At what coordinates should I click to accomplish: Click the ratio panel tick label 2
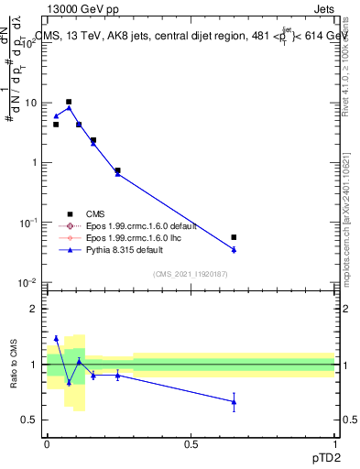pyautogui.click(x=33, y=309)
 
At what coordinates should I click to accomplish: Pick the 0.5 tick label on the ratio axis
pyautogui.click(x=29, y=420)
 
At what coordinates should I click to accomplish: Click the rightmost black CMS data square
pyautogui.click(x=234, y=237)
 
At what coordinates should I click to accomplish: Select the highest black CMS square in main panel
pyautogui.click(x=69, y=102)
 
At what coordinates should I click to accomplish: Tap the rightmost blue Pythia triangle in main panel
pyautogui.click(x=234, y=249)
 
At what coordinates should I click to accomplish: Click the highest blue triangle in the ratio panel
pyautogui.click(x=56, y=338)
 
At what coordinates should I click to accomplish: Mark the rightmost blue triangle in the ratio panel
pyautogui.click(x=234, y=401)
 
